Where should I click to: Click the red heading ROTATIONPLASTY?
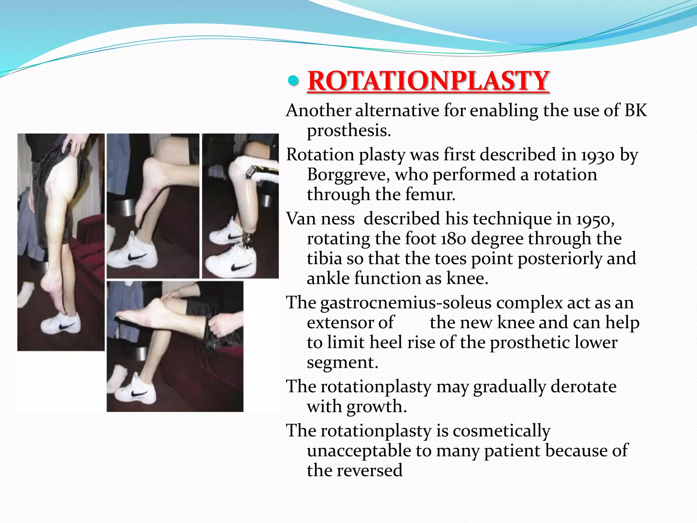point(428,81)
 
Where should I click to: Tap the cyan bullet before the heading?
point(293,81)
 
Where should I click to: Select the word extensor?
point(350,322)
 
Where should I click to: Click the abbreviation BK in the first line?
point(635,111)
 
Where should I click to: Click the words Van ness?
point(320,219)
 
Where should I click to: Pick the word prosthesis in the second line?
point(349,131)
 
